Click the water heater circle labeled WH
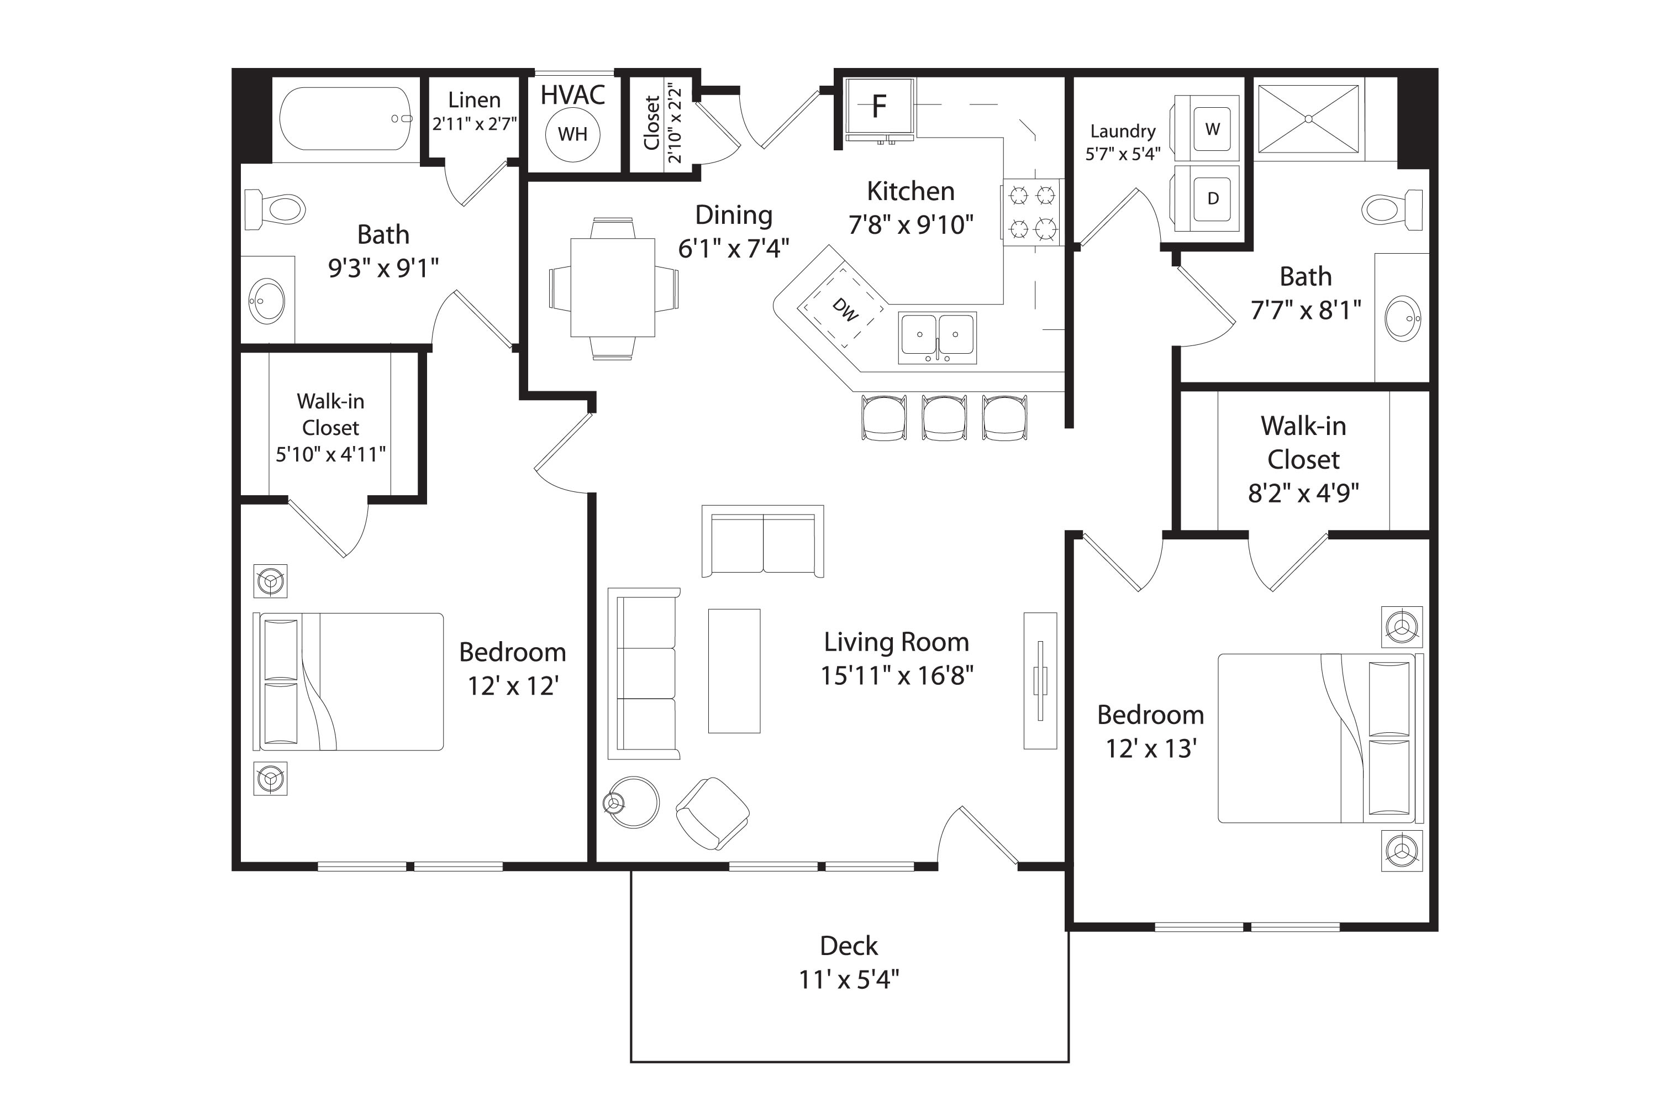click(572, 134)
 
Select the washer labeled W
click(1212, 129)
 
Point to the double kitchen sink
click(937, 336)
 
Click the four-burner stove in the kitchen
click(1031, 212)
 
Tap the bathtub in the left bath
click(345, 119)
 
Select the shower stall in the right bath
click(1308, 119)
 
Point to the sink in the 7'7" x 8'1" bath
click(1402, 318)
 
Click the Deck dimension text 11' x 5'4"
click(848, 979)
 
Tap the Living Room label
click(896, 642)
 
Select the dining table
click(612, 287)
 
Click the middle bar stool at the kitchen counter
click(944, 418)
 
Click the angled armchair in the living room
click(712, 813)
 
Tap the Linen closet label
click(473, 99)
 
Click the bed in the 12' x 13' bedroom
click(1317, 738)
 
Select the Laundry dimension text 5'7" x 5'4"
click(1122, 154)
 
